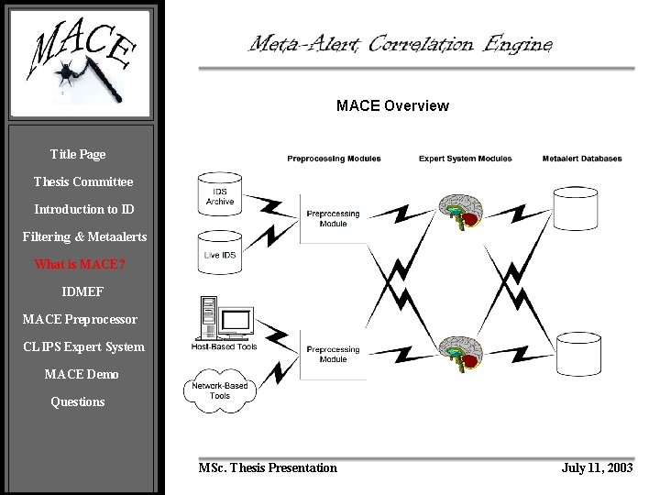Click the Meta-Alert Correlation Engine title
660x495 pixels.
pyautogui.click(x=401, y=43)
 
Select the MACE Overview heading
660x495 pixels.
pyautogui.click(x=392, y=105)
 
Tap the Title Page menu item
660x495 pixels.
pyautogui.click(x=78, y=155)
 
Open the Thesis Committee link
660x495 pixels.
pyautogui.click(x=82, y=182)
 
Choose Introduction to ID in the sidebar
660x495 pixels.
pyautogui.click(x=83, y=210)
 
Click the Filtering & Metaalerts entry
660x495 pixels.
pyautogui.click(x=84, y=237)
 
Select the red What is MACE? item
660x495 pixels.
pyautogui.click(x=81, y=265)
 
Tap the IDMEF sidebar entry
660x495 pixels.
pyautogui.click(x=82, y=292)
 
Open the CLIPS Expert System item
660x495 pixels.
pyautogui.click(x=83, y=346)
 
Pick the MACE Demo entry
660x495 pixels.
pyautogui.click(x=82, y=374)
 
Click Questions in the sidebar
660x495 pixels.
pyautogui.click(x=78, y=401)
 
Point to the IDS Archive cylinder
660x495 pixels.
pyautogui.click(x=220, y=195)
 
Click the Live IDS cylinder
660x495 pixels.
pyautogui.click(x=220, y=250)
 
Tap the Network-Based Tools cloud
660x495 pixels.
pyautogui.click(x=220, y=389)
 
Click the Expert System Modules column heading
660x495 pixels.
pyautogui.click(x=465, y=159)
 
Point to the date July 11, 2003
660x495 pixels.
pyautogui.click(x=597, y=467)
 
